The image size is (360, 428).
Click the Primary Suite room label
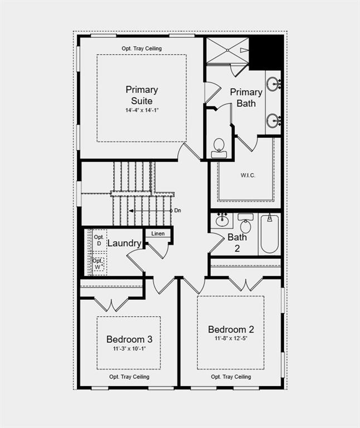point(142,95)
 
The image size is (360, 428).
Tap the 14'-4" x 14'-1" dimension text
point(142,110)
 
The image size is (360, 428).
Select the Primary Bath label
point(246,98)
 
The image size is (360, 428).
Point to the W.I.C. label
point(248,175)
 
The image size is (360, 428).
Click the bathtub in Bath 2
point(270,234)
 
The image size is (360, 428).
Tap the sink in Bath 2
point(222,220)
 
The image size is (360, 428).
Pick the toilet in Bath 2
point(246,223)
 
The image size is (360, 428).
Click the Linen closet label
point(158,234)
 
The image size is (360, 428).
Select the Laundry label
point(124,243)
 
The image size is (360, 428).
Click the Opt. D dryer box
point(99,240)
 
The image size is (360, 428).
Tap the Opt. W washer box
point(99,264)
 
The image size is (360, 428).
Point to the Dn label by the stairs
point(177,211)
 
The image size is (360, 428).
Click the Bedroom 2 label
point(231,329)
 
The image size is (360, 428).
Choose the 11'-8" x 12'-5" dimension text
point(231,338)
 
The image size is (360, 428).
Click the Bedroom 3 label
point(129,339)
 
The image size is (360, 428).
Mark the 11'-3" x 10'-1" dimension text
point(129,349)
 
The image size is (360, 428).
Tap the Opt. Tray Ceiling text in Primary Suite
point(142,48)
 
